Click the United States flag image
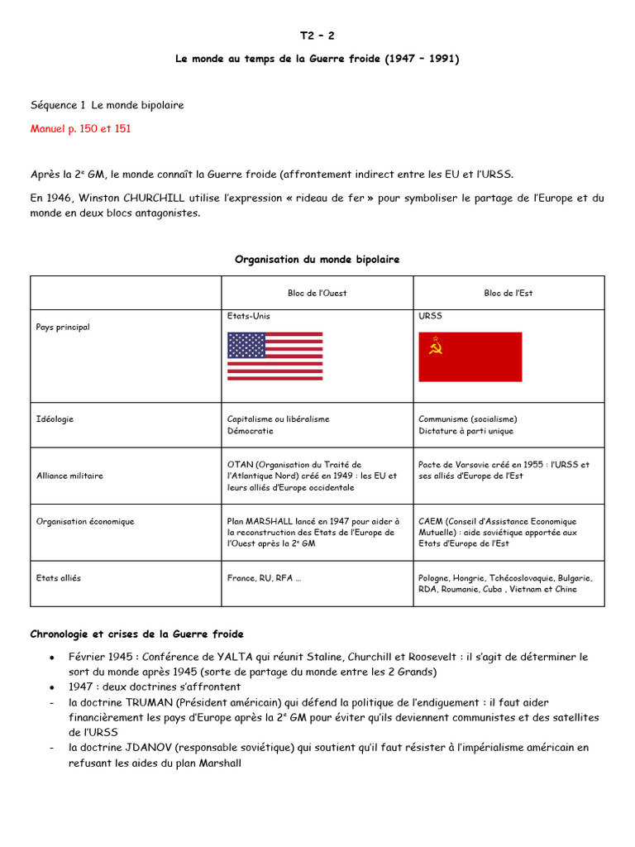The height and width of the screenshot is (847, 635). click(x=275, y=356)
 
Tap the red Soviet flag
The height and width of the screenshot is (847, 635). click(x=470, y=357)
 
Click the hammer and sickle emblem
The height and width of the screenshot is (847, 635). click(x=436, y=347)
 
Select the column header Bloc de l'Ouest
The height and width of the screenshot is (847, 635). click(x=317, y=293)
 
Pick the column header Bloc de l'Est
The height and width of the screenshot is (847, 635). click(x=508, y=293)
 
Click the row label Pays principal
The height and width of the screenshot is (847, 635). click(x=63, y=328)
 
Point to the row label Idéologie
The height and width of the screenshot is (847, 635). click(x=55, y=419)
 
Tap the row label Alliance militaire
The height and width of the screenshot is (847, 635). click(x=69, y=476)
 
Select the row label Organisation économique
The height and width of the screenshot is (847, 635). click(x=85, y=522)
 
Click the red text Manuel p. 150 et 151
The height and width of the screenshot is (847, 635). click(x=80, y=129)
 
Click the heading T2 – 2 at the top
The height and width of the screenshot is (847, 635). click(x=317, y=36)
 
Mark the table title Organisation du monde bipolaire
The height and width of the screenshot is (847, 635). click(x=317, y=260)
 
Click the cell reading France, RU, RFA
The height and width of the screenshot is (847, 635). click(x=264, y=578)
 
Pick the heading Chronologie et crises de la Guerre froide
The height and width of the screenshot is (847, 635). click(x=136, y=634)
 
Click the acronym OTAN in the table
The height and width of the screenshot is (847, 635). click(x=240, y=465)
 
